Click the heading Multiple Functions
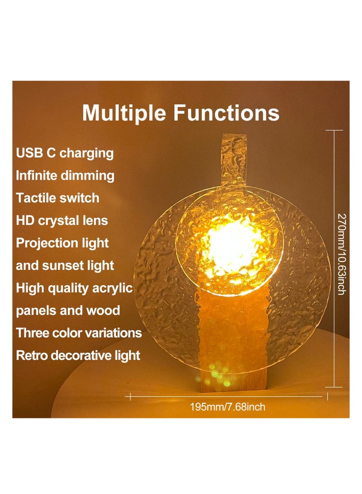coord(181,113)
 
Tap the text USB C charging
coord(65,153)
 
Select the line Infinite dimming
coord(65,175)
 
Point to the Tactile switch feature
coord(57,198)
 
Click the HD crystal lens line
coord(62,221)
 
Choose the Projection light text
coord(62,243)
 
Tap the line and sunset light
coord(65,265)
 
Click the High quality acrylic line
coord(75,288)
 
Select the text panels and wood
coord(68,311)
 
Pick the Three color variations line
coord(79,333)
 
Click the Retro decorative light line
coord(78,355)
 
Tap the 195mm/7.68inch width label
coord(227,407)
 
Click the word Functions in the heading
coord(226,113)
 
